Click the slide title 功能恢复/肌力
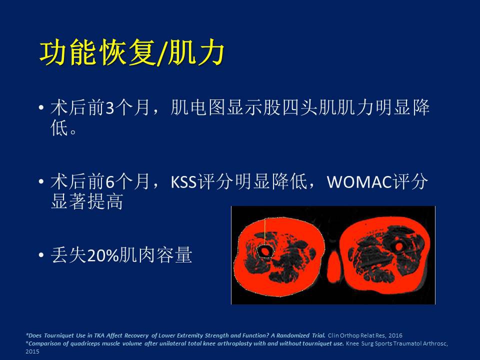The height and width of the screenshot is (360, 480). (132, 53)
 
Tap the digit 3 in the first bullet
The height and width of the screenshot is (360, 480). (109, 108)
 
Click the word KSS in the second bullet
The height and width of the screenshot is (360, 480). (183, 182)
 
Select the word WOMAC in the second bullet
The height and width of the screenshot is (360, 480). (359, 182)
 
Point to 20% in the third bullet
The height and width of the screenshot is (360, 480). (103, 255)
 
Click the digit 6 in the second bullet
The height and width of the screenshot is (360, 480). (109, 182)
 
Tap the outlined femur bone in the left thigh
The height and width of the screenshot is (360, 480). (265, 251)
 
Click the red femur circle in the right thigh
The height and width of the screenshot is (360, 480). (398, 246)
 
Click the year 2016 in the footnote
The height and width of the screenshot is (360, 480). (395, 335)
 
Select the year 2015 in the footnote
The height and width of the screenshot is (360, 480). (32, 351)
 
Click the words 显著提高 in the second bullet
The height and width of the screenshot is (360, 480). (87, 201)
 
